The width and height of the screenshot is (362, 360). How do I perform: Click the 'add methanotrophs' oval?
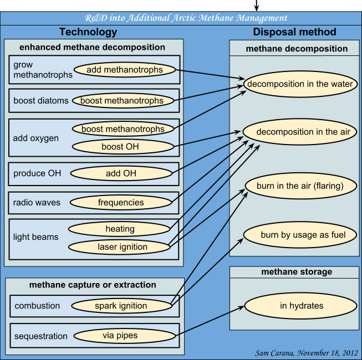coord(125,69)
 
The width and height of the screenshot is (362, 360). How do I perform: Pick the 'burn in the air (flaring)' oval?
coord(299,186)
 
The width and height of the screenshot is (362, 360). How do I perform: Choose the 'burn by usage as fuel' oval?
coord(303,235)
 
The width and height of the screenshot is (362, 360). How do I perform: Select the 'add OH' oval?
coord(121,174)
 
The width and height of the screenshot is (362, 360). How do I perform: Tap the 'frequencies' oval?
coord(120,203)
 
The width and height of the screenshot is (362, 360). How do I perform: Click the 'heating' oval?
coord(120,229)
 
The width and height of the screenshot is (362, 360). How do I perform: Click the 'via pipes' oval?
coord(120,336)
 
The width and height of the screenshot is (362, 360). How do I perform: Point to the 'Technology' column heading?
coord(88,32)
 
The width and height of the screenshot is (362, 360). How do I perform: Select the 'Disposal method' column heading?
coord(294,32)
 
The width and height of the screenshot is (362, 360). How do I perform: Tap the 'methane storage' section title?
coord(296,272)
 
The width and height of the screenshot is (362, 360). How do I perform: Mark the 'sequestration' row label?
coord(42,336)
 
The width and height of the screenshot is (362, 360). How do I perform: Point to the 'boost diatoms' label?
coord(42,101)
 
